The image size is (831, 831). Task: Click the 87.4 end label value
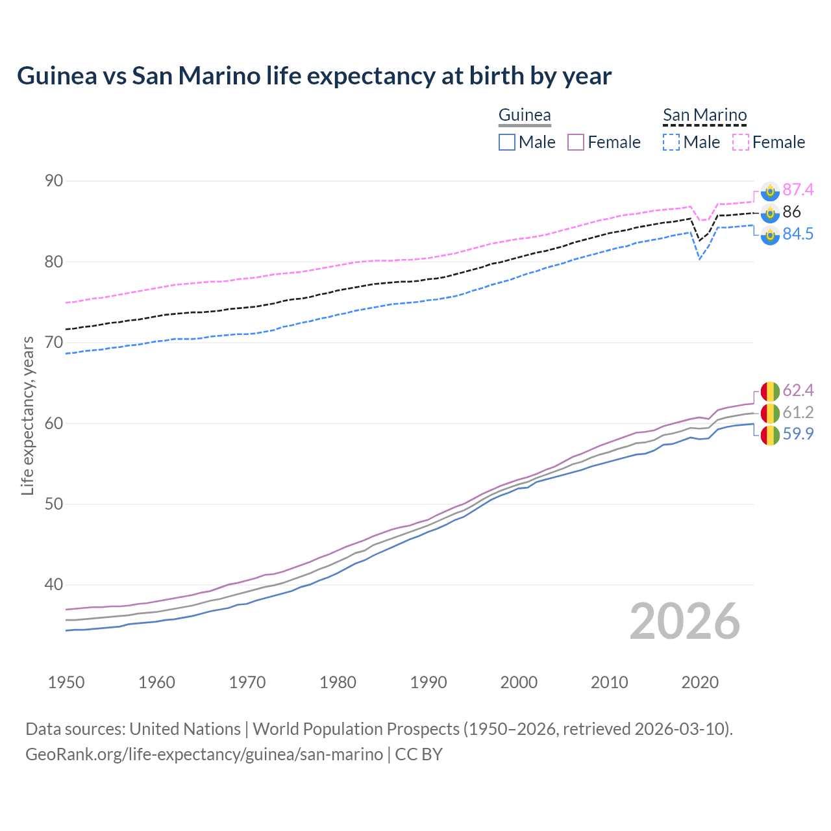click(798, 190)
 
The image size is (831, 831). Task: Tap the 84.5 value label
click(798, 234)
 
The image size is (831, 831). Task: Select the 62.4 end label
click(798, 390)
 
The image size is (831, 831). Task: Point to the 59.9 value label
click(798, 434)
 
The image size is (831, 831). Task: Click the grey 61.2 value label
click(798, 412)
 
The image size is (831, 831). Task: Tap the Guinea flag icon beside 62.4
click(770, 391)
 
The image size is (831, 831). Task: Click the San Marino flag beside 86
click(770, 212)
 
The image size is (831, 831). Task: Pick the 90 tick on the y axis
click(54, 181)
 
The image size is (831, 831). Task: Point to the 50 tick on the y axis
click(54, 504)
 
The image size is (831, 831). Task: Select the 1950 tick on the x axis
click(66, 682)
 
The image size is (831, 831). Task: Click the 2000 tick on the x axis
click(519, 682)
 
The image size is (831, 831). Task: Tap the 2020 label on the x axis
click(700, 682)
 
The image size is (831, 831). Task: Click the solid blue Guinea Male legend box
click(507, 142)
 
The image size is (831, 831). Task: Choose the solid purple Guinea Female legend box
click(576, 142)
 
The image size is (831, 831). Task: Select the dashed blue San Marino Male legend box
click(671, 142)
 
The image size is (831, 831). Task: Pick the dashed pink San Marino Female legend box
click(741, 142)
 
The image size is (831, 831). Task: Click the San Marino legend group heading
click(704, 116)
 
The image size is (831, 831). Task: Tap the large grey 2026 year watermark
click(685, 621)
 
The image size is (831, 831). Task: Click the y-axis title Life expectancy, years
click(27, 415)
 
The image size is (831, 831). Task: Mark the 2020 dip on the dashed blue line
click(699, 259)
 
